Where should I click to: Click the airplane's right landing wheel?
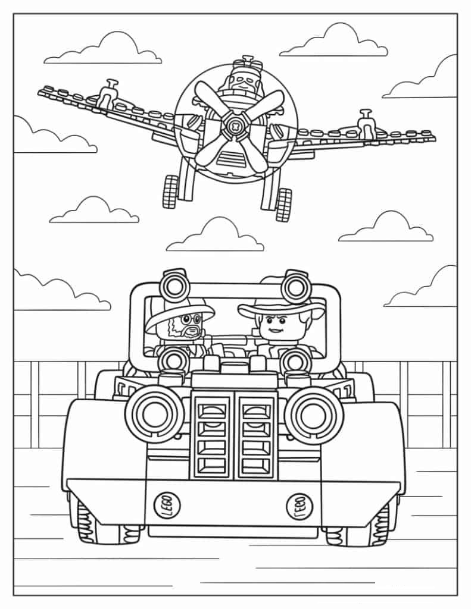pyautogui.click(x=283, y=203)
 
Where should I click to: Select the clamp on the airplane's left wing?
pyautogui.click(x=107, y=94)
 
